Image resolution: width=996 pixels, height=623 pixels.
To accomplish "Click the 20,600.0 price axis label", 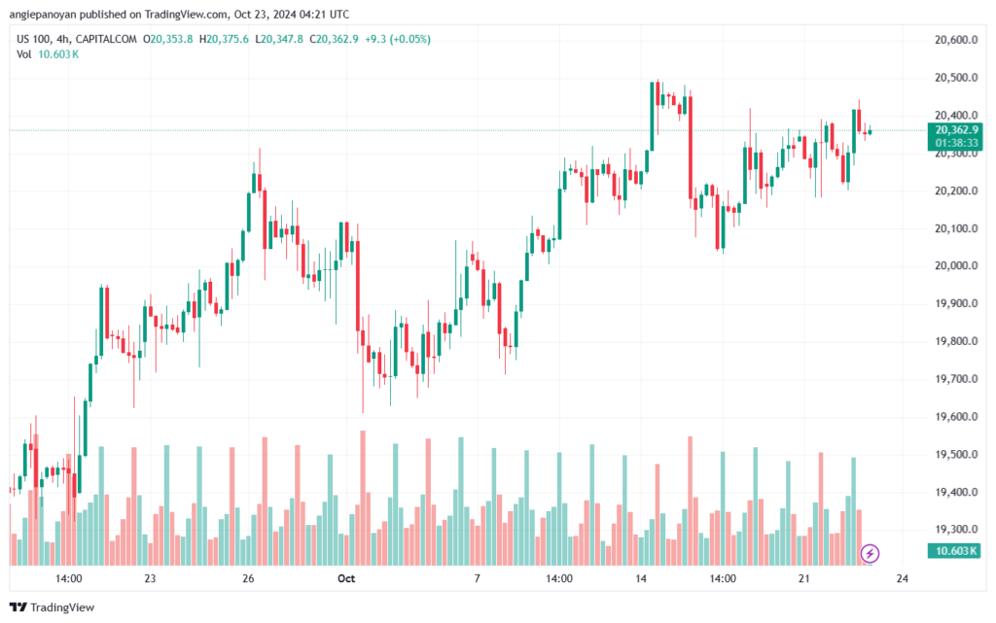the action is (x=956, y=40).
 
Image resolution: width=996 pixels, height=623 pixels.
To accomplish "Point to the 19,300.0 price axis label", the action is (x=956, y=529).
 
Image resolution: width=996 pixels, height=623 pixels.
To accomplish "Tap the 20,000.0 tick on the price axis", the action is (x=956, y=266).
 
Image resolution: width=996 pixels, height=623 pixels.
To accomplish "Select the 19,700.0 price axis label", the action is (x=956, y=379).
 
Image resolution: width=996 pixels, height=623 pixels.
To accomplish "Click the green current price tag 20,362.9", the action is (x=955, y=130).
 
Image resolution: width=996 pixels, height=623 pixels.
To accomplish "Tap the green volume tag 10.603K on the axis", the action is (x=955, y=551).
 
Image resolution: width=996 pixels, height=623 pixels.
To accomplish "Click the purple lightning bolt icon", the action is (x=870, y=553).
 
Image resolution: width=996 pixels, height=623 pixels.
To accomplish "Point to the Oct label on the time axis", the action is (x=346, y=578).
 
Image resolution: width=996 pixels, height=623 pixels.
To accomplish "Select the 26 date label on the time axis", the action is (x=248, y=578).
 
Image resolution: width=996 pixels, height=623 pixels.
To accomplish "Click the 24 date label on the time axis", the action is (x=902, y=578).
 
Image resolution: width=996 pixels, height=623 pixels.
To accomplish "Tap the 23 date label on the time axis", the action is (x=150, y=578).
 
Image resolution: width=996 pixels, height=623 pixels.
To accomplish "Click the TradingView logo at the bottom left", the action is (x=53, y=607).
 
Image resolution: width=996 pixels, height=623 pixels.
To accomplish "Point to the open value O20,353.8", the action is (x=167, y=39).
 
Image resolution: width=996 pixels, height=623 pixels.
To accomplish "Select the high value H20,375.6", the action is (x=224, y=39).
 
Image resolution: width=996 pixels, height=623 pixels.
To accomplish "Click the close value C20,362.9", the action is (x=334, y=39).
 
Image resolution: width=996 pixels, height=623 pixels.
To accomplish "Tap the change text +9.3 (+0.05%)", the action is (x=398, y=39).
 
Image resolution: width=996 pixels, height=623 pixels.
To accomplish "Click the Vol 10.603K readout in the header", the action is (x=48, y=54).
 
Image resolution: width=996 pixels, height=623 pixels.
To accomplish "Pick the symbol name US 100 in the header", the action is (x=33, y=39).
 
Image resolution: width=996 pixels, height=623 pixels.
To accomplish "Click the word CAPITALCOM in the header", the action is (x=105, y=39).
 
